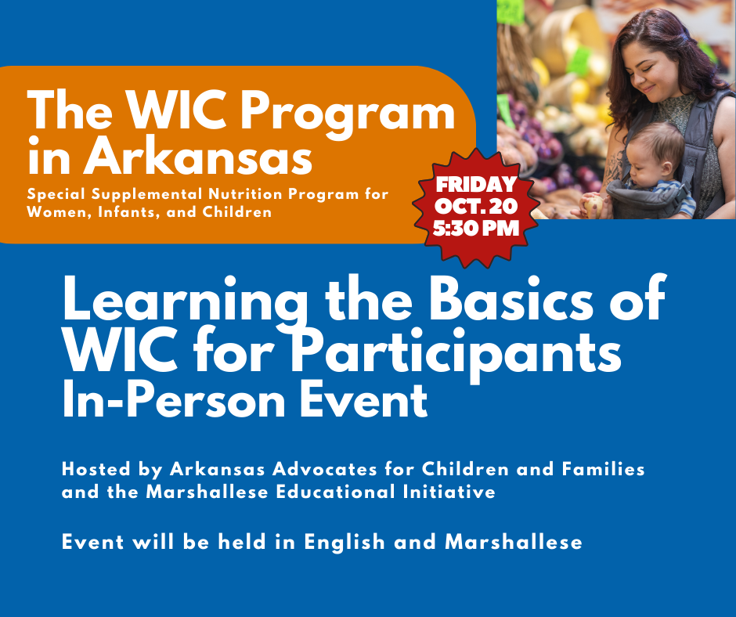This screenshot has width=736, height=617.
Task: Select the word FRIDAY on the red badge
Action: tap(477, 185)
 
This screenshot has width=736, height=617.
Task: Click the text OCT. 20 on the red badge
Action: tap(477, 207)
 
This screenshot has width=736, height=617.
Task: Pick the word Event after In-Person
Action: tap(367, 400)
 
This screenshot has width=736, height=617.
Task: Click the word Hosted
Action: tap(96, 470)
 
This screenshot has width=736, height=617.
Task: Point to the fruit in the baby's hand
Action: tap(593, 206)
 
